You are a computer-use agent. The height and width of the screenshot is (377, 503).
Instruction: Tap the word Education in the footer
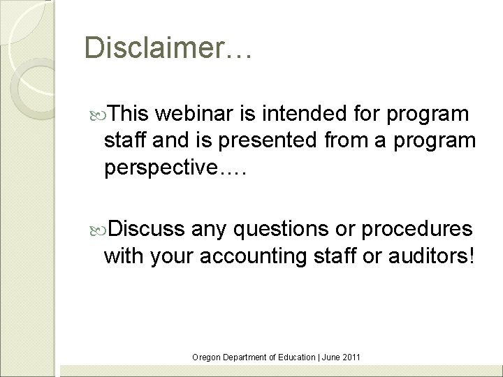point(296,357)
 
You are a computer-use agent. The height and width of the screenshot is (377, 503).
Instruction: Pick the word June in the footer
point(330,357)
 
